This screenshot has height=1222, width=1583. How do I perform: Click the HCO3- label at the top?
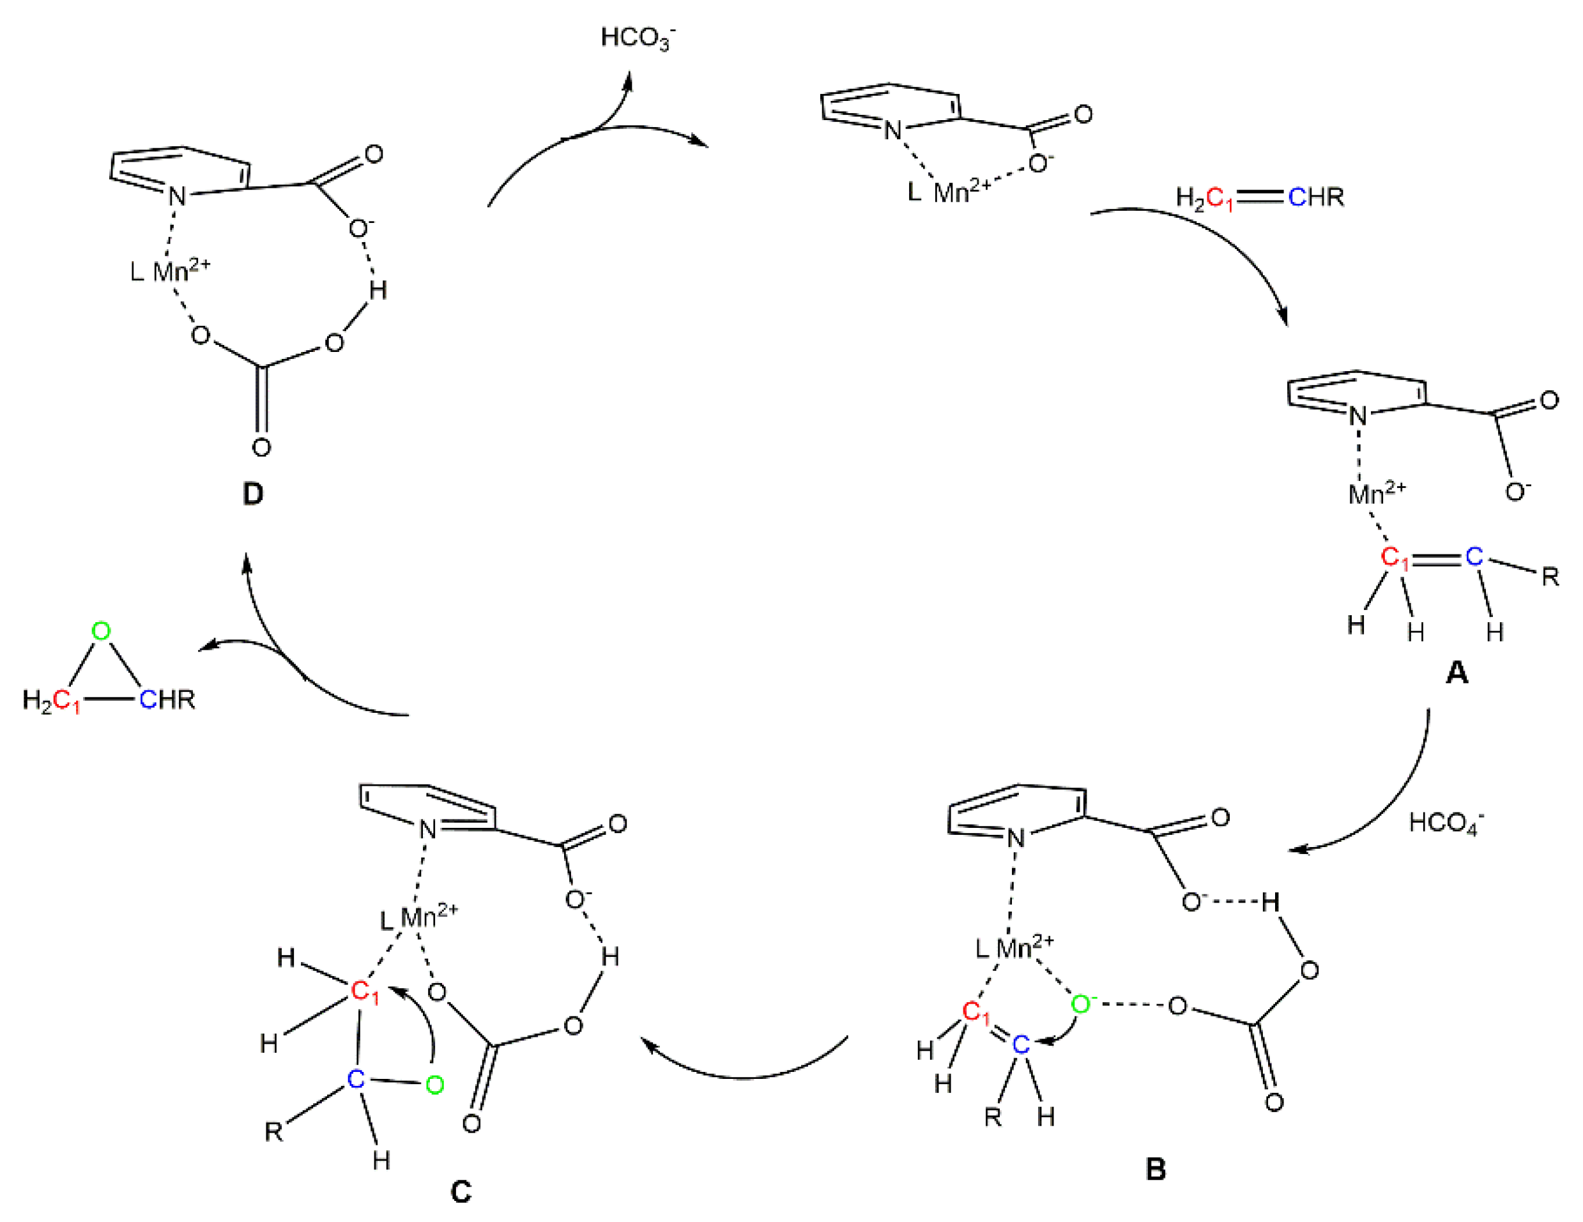pyautogui.click(x=636, y=38)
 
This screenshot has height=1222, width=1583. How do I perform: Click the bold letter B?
pyautogui.click(x=1156, y=1169)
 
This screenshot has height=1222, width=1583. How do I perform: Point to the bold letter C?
pyautogui.click(x=461, y=1192)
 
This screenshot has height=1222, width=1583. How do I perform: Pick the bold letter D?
pyautogui.click(x=253, y=494)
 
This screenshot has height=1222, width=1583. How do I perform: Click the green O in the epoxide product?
pyautogui.click(x=102, y=631)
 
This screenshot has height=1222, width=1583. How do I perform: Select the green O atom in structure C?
pyautogui.click(x=434, y=1085)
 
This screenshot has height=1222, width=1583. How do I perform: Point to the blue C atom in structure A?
pyautogui.click(x=1474, y=556)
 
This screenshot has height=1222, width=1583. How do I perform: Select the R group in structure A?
pyautogui.click(x=1550, y=577)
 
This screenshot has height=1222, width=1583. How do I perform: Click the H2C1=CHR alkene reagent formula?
pyautogui.click(x=1260, y=197)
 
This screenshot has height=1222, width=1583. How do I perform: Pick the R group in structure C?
pyautogui.click(x=273, y=1131)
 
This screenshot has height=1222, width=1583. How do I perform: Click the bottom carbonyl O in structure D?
pyautogui.click(x=262, y=447)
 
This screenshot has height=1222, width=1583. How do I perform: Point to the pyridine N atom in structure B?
pyautogui.click(x=1016, y=839)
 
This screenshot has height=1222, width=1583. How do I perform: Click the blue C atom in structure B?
pyautogui.click(x=1021, y=1044)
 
